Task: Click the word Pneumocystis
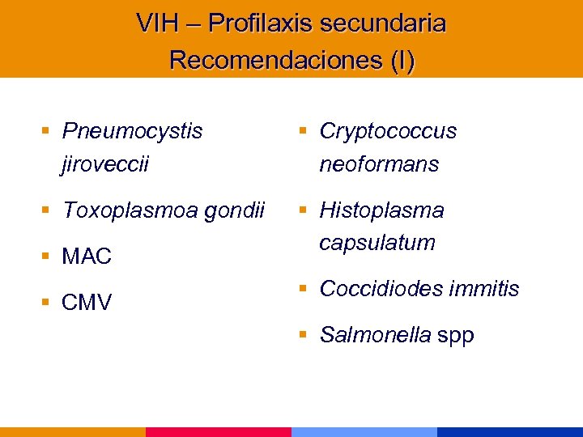(x=133, y=131)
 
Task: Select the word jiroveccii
(x=105, y=164)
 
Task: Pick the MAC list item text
(x=87, y=257)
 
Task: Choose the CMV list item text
(x=87, y=303)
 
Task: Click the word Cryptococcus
(x=388, y=131)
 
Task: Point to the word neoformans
(x=379, y=164)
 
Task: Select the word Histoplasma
(x=381, y=210)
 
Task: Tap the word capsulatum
(x=377, y=242)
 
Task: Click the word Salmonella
(x=375, y=335)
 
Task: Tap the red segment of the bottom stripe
(x=219, y=431)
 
